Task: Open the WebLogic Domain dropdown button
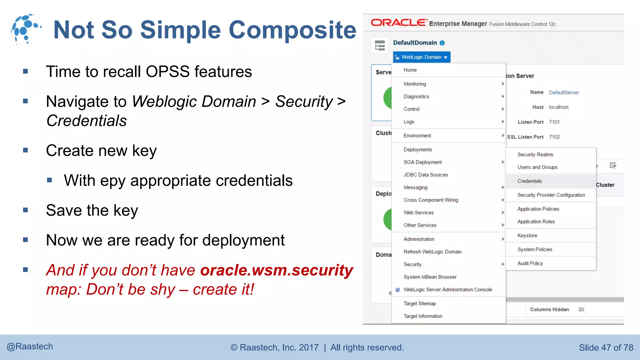point(422,57)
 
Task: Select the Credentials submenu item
point(529,181)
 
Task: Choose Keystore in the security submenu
point(527,235)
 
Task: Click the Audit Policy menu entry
point(530,263)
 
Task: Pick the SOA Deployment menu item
point(422,162)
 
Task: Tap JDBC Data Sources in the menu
point(426,175)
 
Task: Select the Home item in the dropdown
point(410,70)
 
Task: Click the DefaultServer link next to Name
point(564,92)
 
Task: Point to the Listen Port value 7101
point(554,122)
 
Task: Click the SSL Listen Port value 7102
point(554,137)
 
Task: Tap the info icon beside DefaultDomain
point(442,43)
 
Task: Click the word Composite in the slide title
point(292,30)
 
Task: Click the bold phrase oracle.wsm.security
point(277,270)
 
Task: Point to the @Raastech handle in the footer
point(30,347)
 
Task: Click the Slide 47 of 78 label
point(606,347)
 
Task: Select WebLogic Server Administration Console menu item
point(447,290)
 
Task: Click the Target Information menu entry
point(423,316)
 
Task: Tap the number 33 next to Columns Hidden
point(581,309)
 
